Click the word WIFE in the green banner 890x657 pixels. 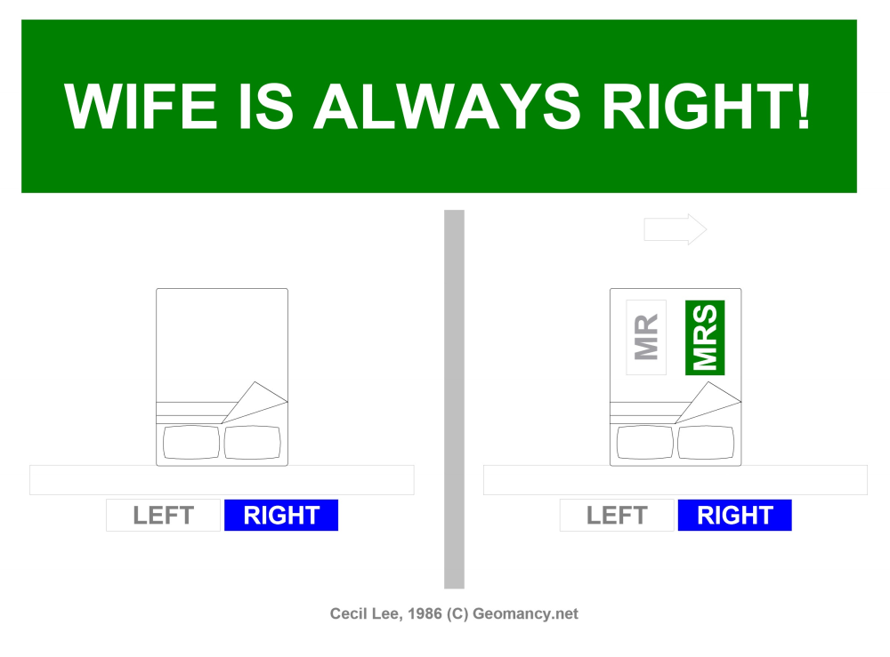[x=142, y=107]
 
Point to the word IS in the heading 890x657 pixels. [x=264, y=107]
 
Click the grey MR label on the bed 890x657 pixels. [x=646, y=337]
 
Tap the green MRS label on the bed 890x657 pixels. [x=705, y=337]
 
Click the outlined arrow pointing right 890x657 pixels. [x=675, y=229]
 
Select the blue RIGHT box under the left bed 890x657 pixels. [x=281, y=516]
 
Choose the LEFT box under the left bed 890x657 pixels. [x=163, y=516]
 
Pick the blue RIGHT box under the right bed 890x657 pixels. [x=734, y=516]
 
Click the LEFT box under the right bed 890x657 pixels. [x=617, y=516]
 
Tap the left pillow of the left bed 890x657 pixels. [x=191, y=443]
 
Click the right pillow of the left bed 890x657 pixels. [x=253, y=443]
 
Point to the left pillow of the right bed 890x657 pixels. [x=645, y=443]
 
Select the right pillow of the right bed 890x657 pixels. [x=706, y=443]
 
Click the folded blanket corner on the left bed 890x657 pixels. [x=256, y=402]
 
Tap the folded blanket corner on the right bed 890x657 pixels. [x=709, y=402]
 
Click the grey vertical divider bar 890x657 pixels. [x=454, y=399]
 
